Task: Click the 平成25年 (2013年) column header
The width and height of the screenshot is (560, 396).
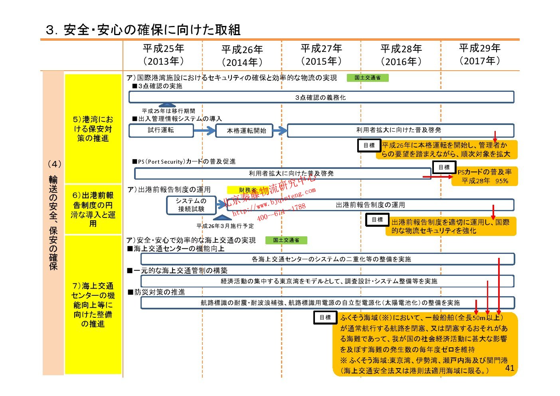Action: tap(163, 55)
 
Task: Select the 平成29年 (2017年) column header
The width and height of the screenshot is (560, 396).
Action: tap(479, 54)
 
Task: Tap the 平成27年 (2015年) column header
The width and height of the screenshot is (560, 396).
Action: tap(321, 55)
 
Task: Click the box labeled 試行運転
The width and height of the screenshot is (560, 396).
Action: tap(161, 131)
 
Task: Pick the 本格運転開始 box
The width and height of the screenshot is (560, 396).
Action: tap(244, 131)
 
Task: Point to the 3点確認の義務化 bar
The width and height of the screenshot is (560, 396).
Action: tap(321, 97)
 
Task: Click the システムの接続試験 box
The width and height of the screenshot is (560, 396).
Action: tap(191, 205)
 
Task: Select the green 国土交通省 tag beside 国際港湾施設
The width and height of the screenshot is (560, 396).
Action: tap(367, 78)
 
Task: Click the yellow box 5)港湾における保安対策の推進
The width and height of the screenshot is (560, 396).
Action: tap(93, 129)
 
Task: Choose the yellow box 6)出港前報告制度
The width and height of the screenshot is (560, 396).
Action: tap(93, 209)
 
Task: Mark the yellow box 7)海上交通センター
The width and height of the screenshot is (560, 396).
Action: tap(93, 305)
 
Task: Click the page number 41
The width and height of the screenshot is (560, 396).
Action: tap(510, 368)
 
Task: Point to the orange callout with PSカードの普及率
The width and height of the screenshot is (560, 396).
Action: tap(484, 176)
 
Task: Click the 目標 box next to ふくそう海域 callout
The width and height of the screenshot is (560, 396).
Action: tap(325, 317)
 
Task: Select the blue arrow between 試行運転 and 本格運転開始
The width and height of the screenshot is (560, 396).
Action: tap(204, 131)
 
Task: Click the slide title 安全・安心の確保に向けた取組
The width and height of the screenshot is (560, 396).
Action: tap(143, 30)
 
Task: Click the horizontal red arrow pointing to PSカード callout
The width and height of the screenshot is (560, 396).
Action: tap(437, 176)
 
